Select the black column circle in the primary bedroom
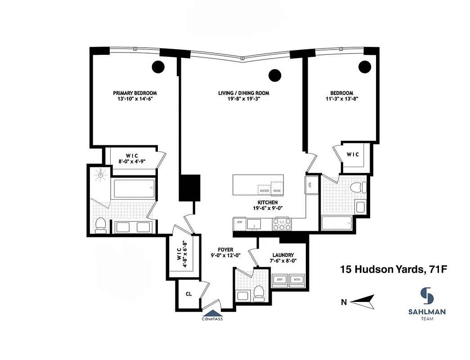coord(158,67)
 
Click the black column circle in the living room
coord(274,76)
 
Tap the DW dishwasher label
coord(240,222)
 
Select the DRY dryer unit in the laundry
coord(280,279)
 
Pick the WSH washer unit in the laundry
coord(296,279)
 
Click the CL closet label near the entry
coord(189,294)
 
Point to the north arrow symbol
coord(362,302)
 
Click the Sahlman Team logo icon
coord(427,296)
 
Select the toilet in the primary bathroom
coord(101,224)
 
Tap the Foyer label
coord(226,249)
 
